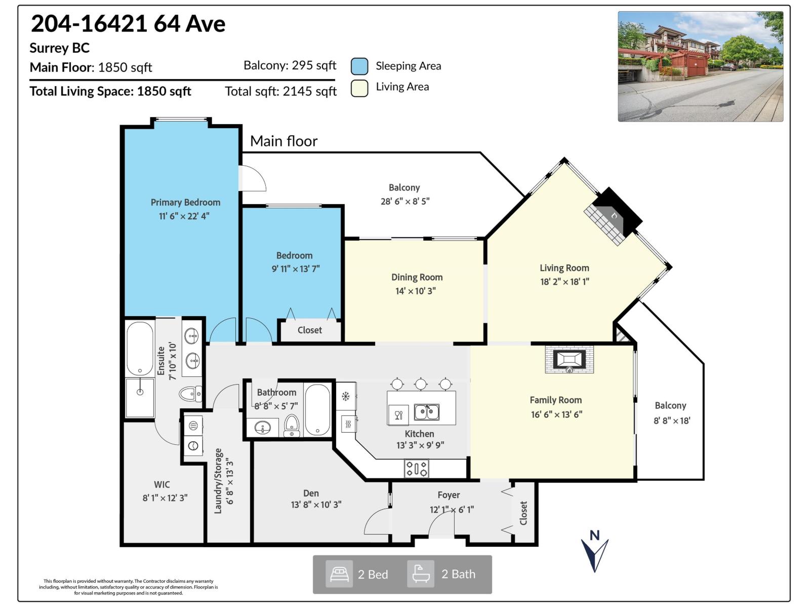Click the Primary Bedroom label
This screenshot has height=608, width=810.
(x=185, y=202)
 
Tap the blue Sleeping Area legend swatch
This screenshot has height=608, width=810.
(x=359, y=66)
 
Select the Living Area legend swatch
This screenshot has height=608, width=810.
(x=359, y=88)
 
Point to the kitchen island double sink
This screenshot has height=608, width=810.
(x=426, y=412)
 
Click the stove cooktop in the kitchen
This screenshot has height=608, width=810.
(x=416, y=468)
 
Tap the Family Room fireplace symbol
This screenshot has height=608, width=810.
(x=569, y=360)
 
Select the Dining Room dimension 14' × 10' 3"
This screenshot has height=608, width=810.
(x=415, y=291)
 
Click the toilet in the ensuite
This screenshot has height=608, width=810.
(x=190, y=393)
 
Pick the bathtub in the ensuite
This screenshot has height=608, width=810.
(x=140, y=349)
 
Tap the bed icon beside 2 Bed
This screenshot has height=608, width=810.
(x=339, y=574)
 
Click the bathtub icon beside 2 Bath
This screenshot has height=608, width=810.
(x=421, y=574)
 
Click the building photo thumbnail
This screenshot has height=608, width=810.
(x=700, y=66)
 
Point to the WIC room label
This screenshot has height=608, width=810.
(x=162, y=484)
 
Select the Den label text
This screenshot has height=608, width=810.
(x=311, y=493)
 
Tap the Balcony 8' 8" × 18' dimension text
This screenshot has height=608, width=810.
(x=672, y=421)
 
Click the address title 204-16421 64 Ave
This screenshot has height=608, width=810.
(x=128, y=23)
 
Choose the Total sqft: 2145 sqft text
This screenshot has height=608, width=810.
(x=280, y=91)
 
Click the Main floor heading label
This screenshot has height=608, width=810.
(x=283, y=141)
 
